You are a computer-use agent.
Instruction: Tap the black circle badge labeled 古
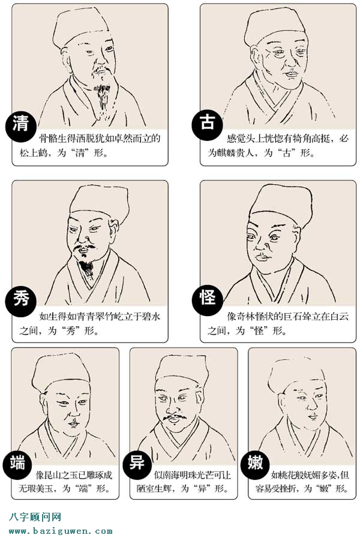pyautogui.click(x=207, y=124)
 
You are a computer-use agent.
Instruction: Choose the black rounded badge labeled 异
pyautogui.click(x=135, y=464)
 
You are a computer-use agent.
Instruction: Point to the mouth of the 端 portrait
pyautogui.click(x=73, y=423)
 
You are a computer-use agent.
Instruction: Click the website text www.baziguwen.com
pyautogui.click(x=61, y=531)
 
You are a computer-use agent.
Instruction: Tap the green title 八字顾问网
pyautogui.click(x=35, y=517)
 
